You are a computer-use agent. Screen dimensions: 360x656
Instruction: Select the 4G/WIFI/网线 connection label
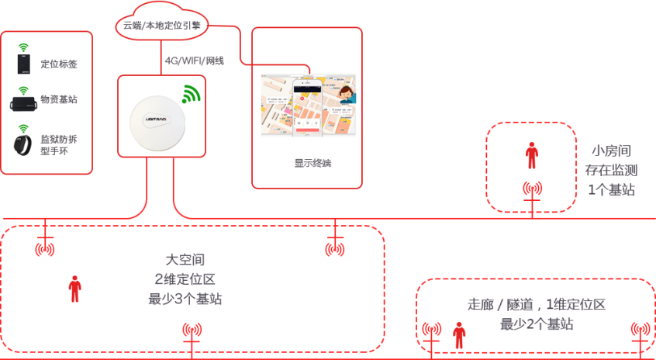194,60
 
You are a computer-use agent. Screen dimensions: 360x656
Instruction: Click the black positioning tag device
23,63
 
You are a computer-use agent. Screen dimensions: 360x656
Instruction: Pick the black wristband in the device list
23,144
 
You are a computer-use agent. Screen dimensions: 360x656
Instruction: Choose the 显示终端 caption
307,164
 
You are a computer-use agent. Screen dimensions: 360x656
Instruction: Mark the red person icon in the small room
531,155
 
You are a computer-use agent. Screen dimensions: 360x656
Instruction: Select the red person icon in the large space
74,289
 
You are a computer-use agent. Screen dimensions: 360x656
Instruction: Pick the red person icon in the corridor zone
459,335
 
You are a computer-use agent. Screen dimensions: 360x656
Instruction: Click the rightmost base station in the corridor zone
640,329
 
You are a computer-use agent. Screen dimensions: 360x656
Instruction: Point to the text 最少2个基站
536,324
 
